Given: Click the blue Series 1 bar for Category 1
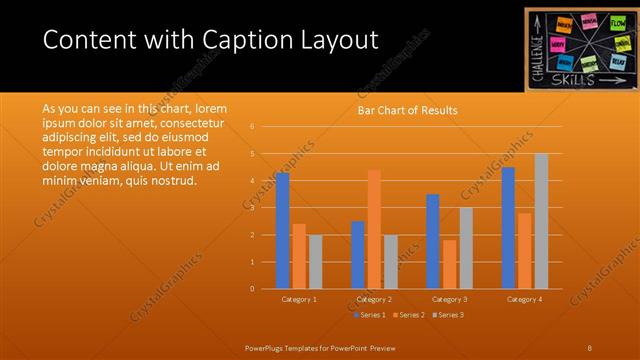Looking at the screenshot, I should coord(282,231).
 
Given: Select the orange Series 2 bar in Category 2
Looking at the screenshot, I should coord(374,229).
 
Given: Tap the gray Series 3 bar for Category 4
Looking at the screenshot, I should coord(541,221).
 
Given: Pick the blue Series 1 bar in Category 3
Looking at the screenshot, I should coord(432,241).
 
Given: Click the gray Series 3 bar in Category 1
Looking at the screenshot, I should coord(315,262).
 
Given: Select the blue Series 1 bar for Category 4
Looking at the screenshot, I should coord(508,228).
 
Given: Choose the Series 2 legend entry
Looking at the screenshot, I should coord(408,315).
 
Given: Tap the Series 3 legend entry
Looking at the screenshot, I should coord(448,315).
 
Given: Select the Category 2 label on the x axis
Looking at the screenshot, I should coord(374,299).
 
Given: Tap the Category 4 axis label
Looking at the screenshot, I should coord(524,299).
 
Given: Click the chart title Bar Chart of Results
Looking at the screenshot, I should coord(408,110).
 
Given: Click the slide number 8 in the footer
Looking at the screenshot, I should coord(590,347).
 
